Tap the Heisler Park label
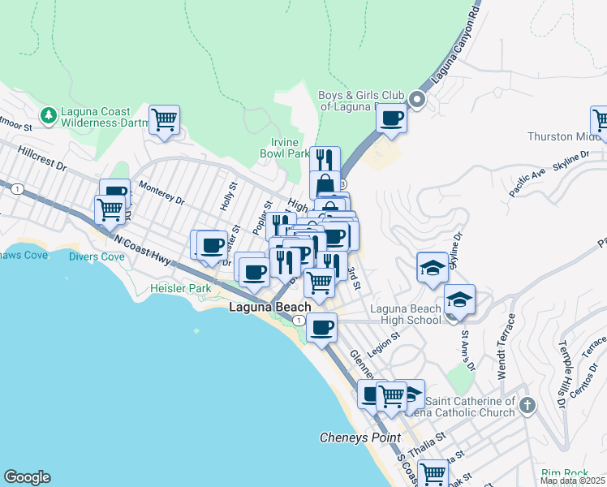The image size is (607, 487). (x=180, y=288)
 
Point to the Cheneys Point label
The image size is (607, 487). (x=359, y=437)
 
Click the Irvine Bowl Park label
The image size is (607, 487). (x=285, y=147)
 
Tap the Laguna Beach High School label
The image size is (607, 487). (x=405, y=314)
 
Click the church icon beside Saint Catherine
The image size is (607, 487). (x=527, y=404)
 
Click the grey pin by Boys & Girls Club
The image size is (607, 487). (x=418, y=101)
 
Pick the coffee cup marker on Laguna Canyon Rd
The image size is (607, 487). (x=392, y=118)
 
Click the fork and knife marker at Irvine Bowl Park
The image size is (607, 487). (x=325, y=158)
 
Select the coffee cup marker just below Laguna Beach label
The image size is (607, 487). (x=322, y=328)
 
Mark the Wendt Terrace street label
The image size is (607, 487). (x=507, y=346)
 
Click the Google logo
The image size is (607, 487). (x=27, y=477)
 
